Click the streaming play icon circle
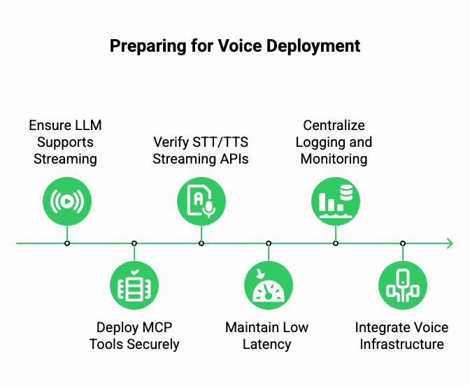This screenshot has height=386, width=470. pos(67,201)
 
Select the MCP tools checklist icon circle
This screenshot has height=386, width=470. pos(134,285)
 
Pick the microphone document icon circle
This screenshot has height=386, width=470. pos(201,201)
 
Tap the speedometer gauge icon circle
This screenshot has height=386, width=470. pos(269,285)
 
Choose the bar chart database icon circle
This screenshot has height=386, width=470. pos(336,201)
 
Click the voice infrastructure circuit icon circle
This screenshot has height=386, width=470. pos(403,285)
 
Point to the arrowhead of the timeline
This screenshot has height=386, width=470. pos(449,243)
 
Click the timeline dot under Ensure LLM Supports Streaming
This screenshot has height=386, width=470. pos(67,243)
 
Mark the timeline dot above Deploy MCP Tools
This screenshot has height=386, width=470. pos(134,243)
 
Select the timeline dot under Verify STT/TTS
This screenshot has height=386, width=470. pos(201,243)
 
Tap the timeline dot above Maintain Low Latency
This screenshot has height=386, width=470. pos(269,243)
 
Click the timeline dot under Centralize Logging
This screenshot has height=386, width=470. pos(336,243)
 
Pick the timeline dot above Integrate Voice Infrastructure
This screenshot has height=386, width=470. pos(403,243)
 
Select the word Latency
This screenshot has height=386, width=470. pos(266,344)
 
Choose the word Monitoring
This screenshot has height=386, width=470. pos(334,159)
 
